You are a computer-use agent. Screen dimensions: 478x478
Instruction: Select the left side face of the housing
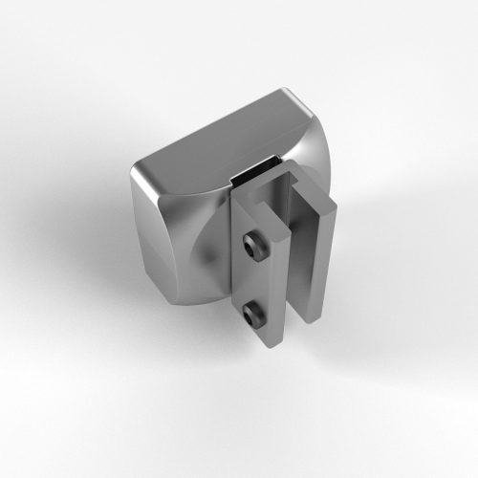pos(153,239)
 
